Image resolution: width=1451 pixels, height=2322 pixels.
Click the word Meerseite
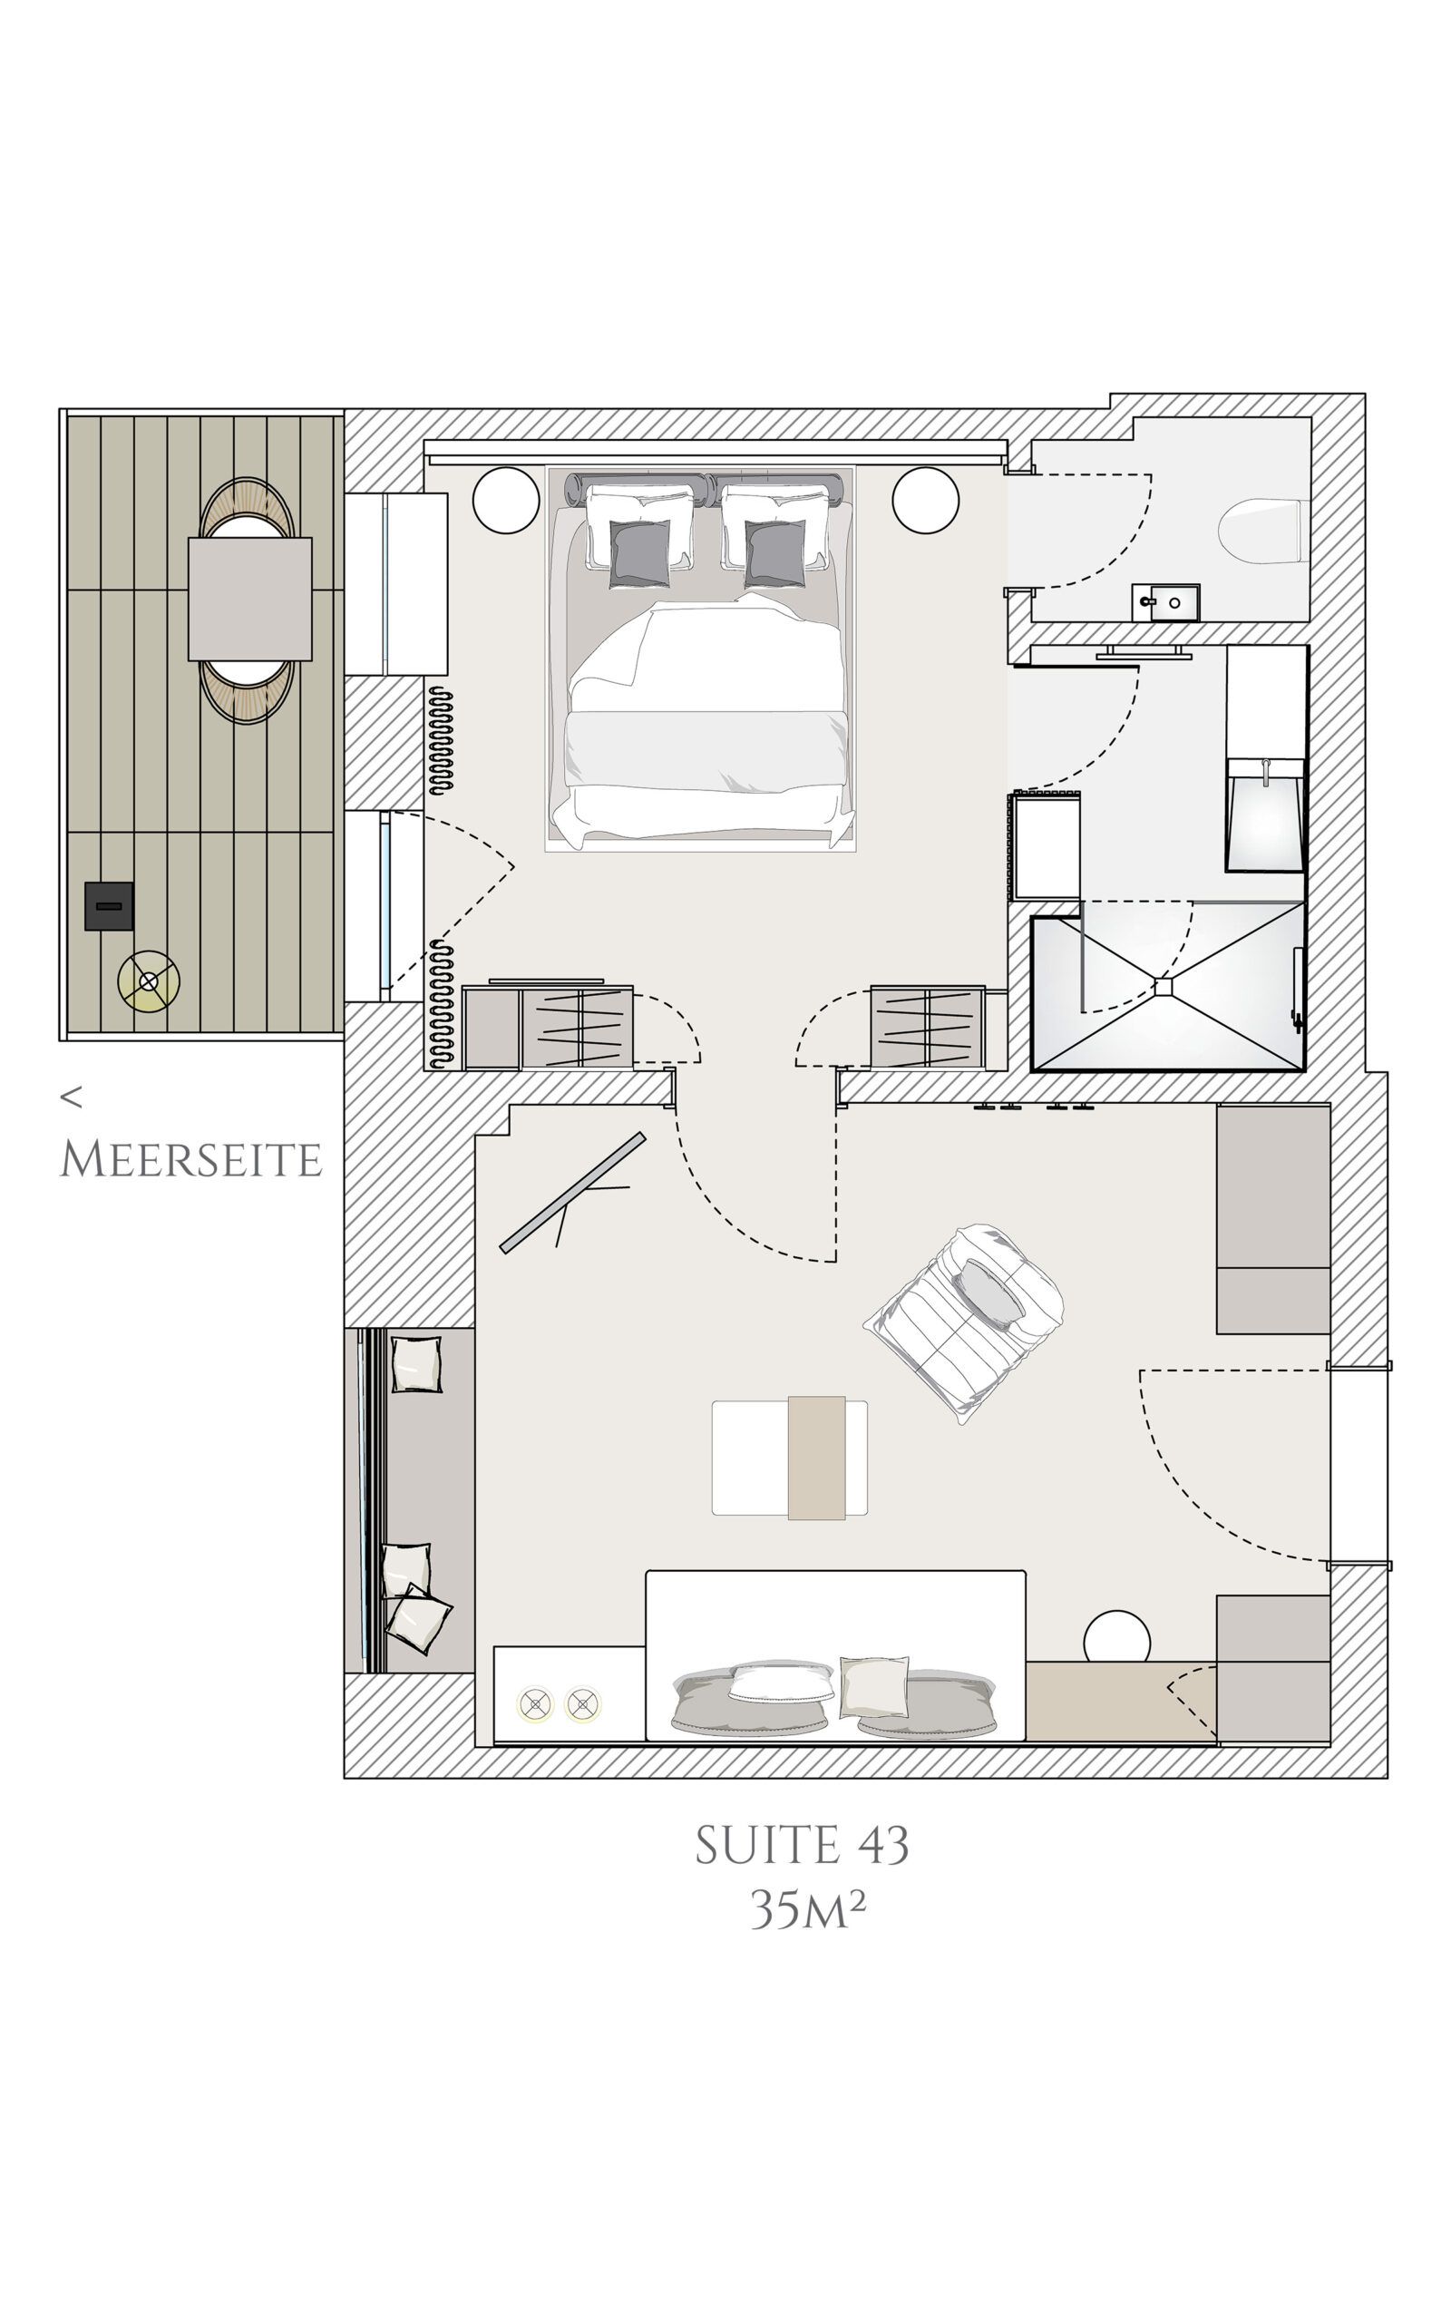pyautogui.click(x=191, y=1160)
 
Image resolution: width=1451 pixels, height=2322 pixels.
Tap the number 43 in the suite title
pyautogui.click(x=878, y=1845)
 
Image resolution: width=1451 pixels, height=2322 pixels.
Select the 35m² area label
pyautogui.click(x=808, y=1909)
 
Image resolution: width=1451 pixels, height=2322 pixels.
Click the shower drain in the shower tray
pyautogui.click(x=1165, y=985)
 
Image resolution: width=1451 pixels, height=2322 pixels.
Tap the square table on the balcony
pyautogui.click(x=249, y=599)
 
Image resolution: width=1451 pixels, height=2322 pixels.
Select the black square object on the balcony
pyautogui.click(x=109, y=906)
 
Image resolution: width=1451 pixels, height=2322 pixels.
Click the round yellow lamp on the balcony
pyautogui.click(x=149, y=981)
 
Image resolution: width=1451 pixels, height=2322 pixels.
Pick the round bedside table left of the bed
pyautogui.click(x=507, y=499)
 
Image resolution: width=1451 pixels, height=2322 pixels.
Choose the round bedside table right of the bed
pyautogui.click(x=925, y=499)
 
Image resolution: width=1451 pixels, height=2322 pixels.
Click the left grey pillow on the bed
pyautogui.click(x=640, y=552)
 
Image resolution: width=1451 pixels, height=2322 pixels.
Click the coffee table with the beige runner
pyautogui.click(x=790, y=1458)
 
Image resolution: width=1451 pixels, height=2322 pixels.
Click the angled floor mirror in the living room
pyautogui.click(x=573, y=1193)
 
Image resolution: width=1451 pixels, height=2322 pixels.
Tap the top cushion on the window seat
pyautogui.click(x=417, y=1364)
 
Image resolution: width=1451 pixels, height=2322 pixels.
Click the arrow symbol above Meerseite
pyautogui.click(x=71, y=1097)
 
